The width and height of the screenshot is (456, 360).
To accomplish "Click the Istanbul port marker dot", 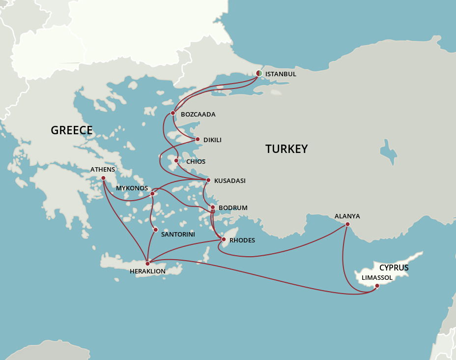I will click(259, 73).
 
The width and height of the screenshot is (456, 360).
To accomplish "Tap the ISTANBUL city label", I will click(281, 74).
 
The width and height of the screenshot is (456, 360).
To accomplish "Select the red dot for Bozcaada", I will click(173, 113).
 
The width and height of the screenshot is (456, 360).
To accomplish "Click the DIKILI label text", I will click(212, 140).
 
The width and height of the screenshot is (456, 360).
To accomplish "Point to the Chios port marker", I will click(176, 160).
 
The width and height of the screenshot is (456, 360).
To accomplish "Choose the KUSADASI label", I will click(229, 181).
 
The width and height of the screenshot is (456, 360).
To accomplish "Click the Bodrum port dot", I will click(213, 207).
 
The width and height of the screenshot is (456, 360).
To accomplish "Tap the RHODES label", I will click(242, 240).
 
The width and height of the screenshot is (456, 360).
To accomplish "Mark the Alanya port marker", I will click(347, 224).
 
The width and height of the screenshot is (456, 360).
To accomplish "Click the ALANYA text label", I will click(347, 216).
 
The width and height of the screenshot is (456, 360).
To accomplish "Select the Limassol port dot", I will click(377, 286).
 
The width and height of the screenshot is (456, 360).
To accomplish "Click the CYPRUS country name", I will click(394, 268).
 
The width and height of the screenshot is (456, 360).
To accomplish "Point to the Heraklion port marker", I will click(147, 264).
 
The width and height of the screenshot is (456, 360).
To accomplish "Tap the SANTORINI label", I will click(178, 235).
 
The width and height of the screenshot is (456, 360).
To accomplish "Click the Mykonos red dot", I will click(152, 194).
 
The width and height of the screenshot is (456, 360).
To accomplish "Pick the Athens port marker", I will click(103, 178).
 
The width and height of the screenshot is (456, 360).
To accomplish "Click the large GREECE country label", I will click(72, 130).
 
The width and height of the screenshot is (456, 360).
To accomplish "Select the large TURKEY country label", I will click(286, 149).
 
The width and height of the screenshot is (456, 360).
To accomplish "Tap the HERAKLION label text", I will click(147, 271).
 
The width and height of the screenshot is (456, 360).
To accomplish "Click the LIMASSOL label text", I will click(377, 278).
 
